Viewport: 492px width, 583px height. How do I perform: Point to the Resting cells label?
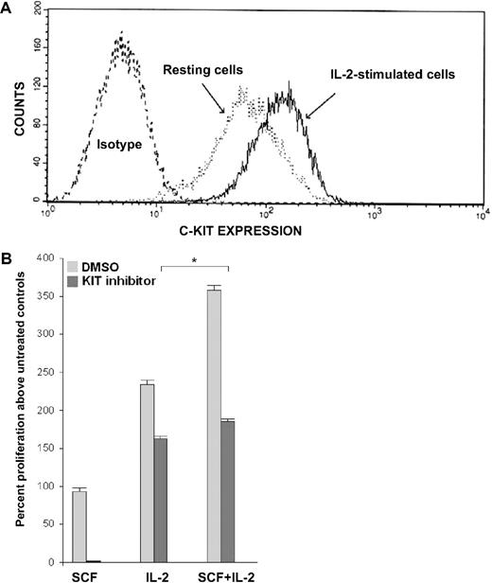201,70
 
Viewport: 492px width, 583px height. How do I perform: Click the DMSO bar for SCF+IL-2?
214,425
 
